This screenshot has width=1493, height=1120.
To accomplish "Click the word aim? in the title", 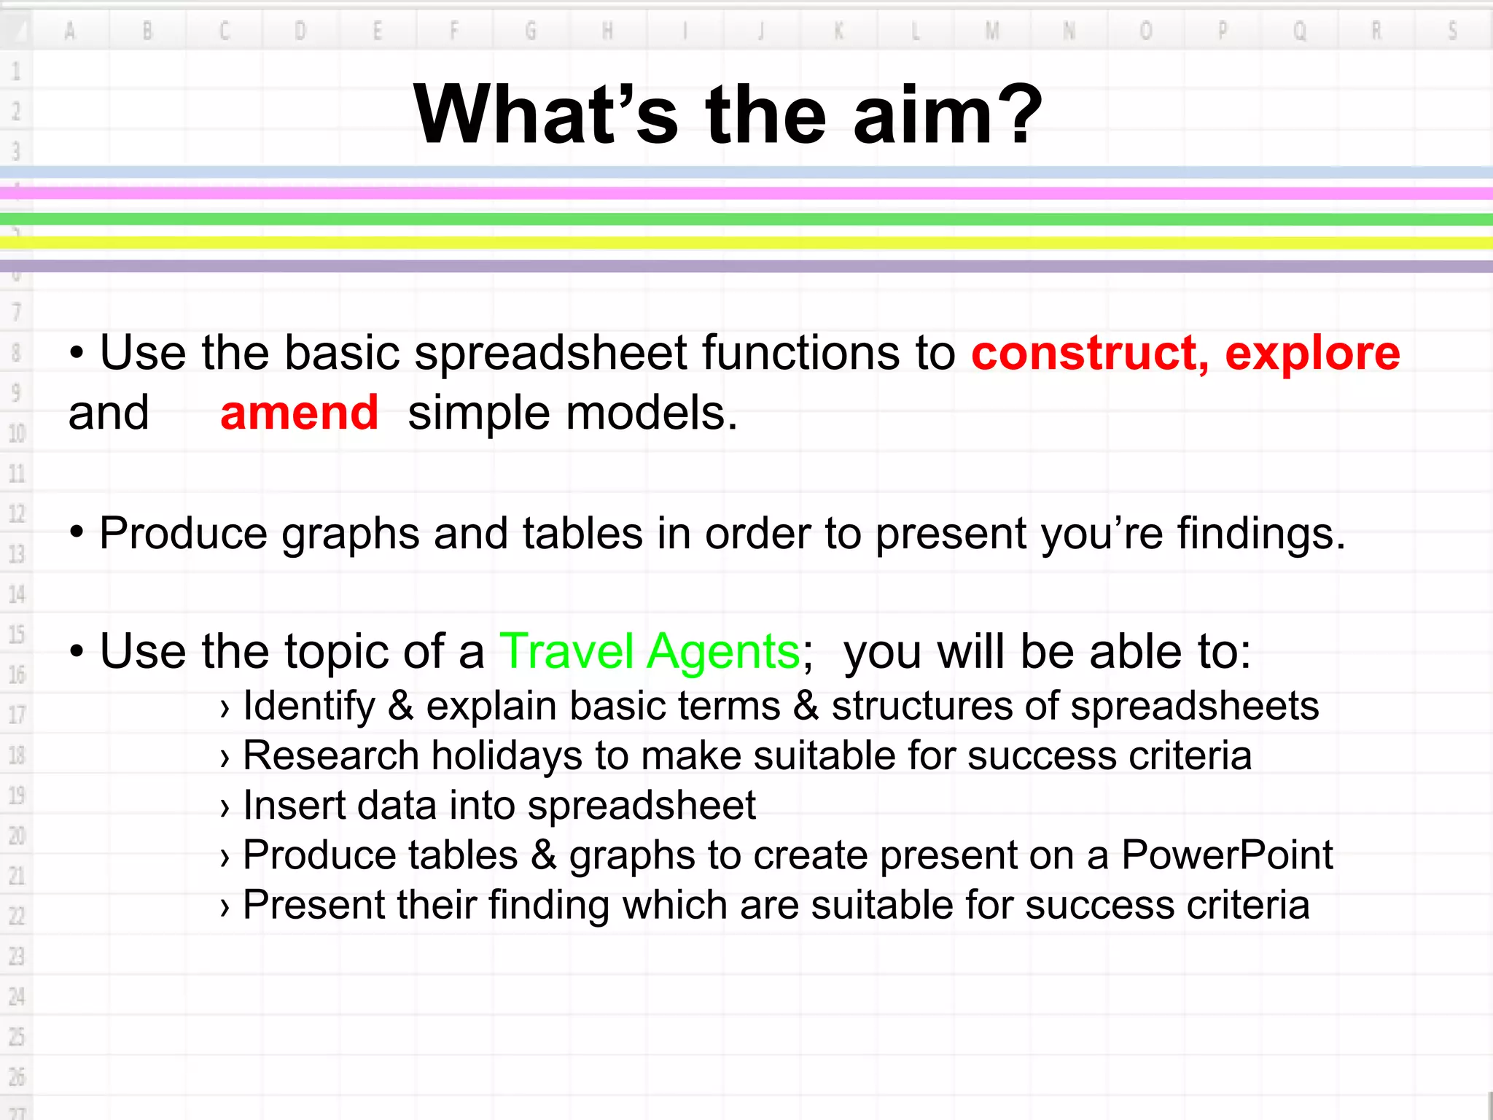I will tap(948, 115).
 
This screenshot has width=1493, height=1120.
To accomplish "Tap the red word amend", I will tap(299, 413).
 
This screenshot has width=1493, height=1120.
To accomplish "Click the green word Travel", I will tap(566, 651).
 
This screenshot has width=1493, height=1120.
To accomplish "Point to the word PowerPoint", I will tap(1227, 855).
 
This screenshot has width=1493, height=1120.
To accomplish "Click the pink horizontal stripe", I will tap(746, 193).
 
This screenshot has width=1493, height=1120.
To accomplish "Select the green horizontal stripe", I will tap(746, 219).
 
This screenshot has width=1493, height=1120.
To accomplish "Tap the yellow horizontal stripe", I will tap(746, 243).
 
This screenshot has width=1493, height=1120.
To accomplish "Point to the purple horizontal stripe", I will tap(746, 266).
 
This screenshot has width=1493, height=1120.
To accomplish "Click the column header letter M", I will tap(992, 31).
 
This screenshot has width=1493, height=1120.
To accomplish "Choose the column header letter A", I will tap(70, 31).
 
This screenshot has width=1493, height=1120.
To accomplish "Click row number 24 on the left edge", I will tap(16, 996).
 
